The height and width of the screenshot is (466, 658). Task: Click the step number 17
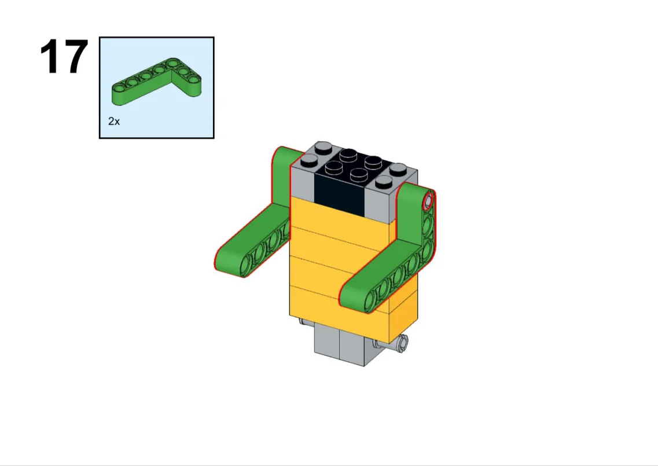tap(64, 57)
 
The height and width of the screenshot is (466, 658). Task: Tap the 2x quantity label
tap(114, 122)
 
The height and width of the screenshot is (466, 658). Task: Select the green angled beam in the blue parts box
tap(156, 82)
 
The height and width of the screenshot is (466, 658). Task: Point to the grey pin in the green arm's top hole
tap(428, 201)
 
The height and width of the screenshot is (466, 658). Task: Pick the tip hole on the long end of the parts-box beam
tap(120, 88)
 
